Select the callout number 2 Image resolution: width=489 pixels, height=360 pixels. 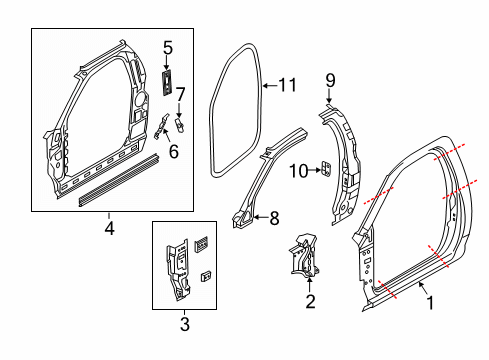click(x=310, y=301)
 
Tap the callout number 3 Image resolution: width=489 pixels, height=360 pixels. click(x=184, y=324)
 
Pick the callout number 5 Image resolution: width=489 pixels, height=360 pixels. click(x=167, y=46)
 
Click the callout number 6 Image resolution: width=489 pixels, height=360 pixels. click(x=173, y=152)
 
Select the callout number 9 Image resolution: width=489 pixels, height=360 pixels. click(x=331, y=78)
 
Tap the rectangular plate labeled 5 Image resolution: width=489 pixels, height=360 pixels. click(x=165, y=80)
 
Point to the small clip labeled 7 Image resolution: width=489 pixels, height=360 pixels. click(x=181, y=126)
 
